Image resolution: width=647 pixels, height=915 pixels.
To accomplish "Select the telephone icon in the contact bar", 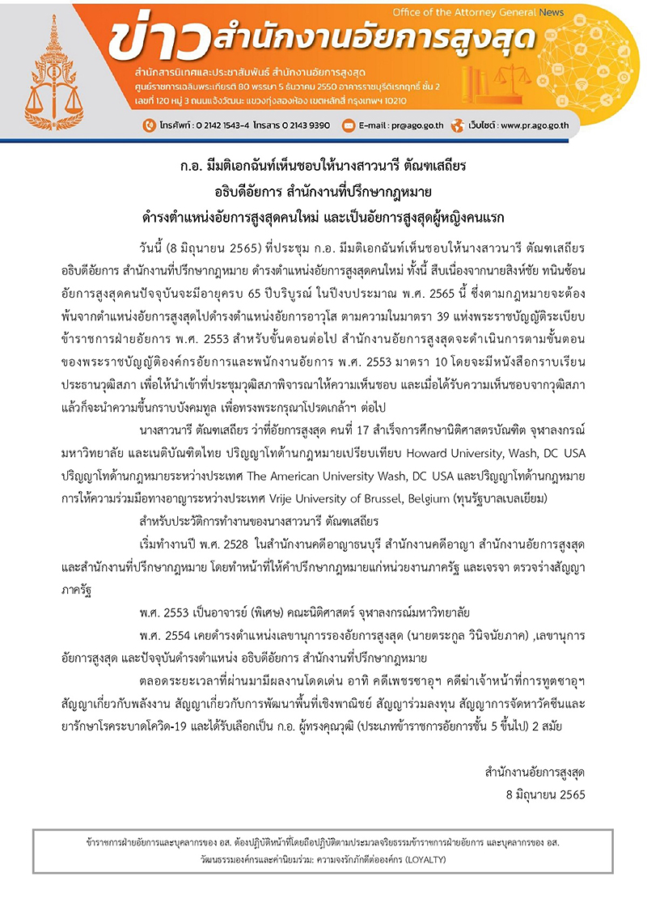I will (x=148, y=125).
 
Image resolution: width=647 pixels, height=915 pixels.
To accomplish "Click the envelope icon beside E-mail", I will (x=349, y=125).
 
